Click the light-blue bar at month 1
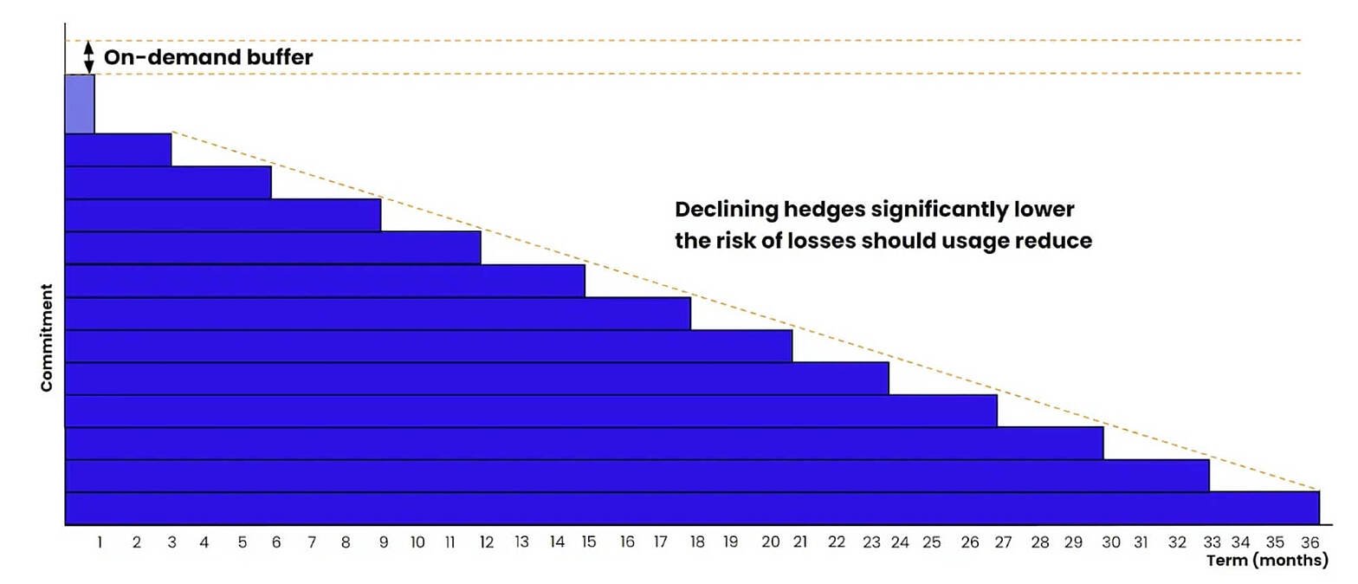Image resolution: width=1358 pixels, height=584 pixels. point(80,104)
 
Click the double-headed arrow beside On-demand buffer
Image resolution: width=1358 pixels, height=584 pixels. point(89,57)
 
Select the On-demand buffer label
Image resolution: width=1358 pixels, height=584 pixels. point(208,57)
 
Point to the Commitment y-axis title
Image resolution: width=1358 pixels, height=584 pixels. point(46,338)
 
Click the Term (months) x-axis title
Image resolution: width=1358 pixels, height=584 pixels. point(1267,561)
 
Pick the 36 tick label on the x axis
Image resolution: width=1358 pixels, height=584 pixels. point(1310,542)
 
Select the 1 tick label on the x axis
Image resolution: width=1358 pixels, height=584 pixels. point(100,542)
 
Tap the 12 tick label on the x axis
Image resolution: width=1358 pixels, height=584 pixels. point(486,542)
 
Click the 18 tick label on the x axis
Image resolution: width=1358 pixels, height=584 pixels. point(697,542)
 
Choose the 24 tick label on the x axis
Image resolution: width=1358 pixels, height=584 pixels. point(900,542)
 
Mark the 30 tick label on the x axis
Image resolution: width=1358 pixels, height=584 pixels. point(1110,542)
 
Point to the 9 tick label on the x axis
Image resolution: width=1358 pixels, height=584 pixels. point(383,542)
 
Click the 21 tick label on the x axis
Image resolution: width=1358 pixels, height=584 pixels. point(800,542)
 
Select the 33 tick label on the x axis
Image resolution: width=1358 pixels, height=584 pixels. point(1212,542)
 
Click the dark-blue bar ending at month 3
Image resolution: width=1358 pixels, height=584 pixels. point(118,150)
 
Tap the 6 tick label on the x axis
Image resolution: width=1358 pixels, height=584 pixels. point(276,542)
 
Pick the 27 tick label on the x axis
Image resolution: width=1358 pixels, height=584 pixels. point(1003,542)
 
